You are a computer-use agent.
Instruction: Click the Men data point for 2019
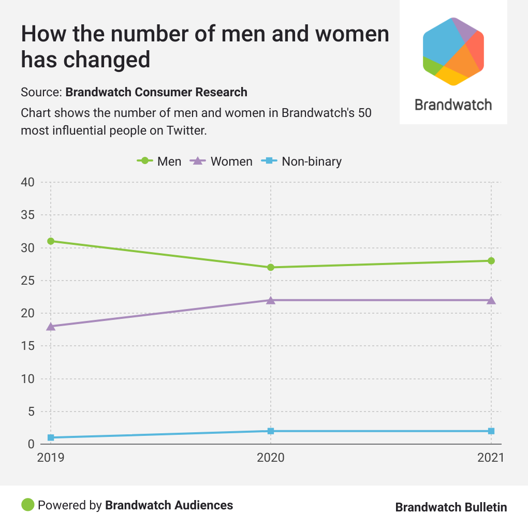pos(51,241)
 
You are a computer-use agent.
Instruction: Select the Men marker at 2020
pos(271,267)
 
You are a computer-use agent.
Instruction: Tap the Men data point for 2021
pos(491,261)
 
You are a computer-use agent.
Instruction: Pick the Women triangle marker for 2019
pos(51,326)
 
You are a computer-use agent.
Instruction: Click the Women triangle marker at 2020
pos(271,300)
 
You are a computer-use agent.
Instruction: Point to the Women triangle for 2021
pos(491,300)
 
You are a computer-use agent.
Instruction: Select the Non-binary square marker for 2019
pos(51,437)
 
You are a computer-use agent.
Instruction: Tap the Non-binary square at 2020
pos(271,431)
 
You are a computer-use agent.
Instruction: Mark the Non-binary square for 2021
pos(491,431)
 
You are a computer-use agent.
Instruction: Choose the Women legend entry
pos(222,162)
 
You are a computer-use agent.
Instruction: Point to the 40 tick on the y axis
pos(28,182)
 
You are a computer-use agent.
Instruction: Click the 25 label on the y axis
pos(28,281)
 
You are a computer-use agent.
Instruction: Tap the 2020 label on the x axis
pos(271,458)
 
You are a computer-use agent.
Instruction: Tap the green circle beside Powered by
pos(27,505)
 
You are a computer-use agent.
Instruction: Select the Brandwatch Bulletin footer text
pos(451,507)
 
